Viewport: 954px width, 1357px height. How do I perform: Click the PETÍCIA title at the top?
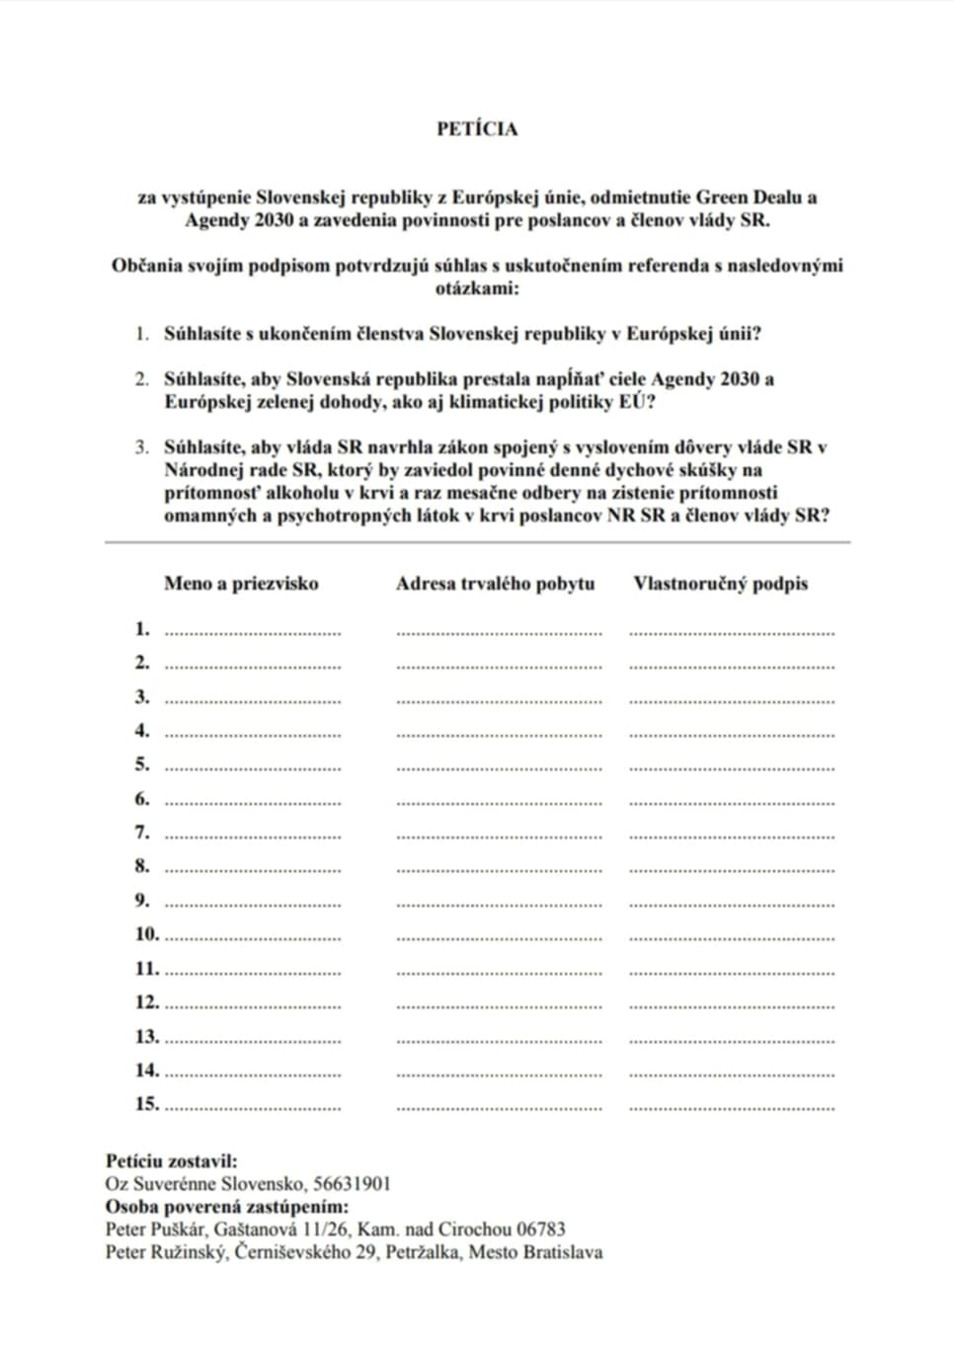tap(477, 129)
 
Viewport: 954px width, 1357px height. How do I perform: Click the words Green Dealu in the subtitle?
tap(752, 197)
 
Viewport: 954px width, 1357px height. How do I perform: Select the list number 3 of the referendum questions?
tap(142, 447)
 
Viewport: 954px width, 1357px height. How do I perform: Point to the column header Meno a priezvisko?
tap(241, 584)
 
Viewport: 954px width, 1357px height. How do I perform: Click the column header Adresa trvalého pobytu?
tap(496, 584)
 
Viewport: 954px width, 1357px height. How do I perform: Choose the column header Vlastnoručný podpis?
tap(721, 584)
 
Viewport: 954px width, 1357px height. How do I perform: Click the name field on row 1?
tap(253, 630)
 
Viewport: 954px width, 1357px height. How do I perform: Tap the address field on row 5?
tap(499, 766)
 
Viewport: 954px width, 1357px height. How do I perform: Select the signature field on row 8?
tap(732, 868)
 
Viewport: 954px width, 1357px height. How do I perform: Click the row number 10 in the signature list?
tap(147, 934)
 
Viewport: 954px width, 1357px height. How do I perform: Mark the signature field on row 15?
tap(732, 1106)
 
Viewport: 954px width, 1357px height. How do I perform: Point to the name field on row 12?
tap(253, 1004)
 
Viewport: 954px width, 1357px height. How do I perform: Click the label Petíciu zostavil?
tap(172, 1161)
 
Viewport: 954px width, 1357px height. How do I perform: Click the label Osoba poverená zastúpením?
tap(227, 1207)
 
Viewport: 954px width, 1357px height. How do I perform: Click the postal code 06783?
tap(538, 1230)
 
